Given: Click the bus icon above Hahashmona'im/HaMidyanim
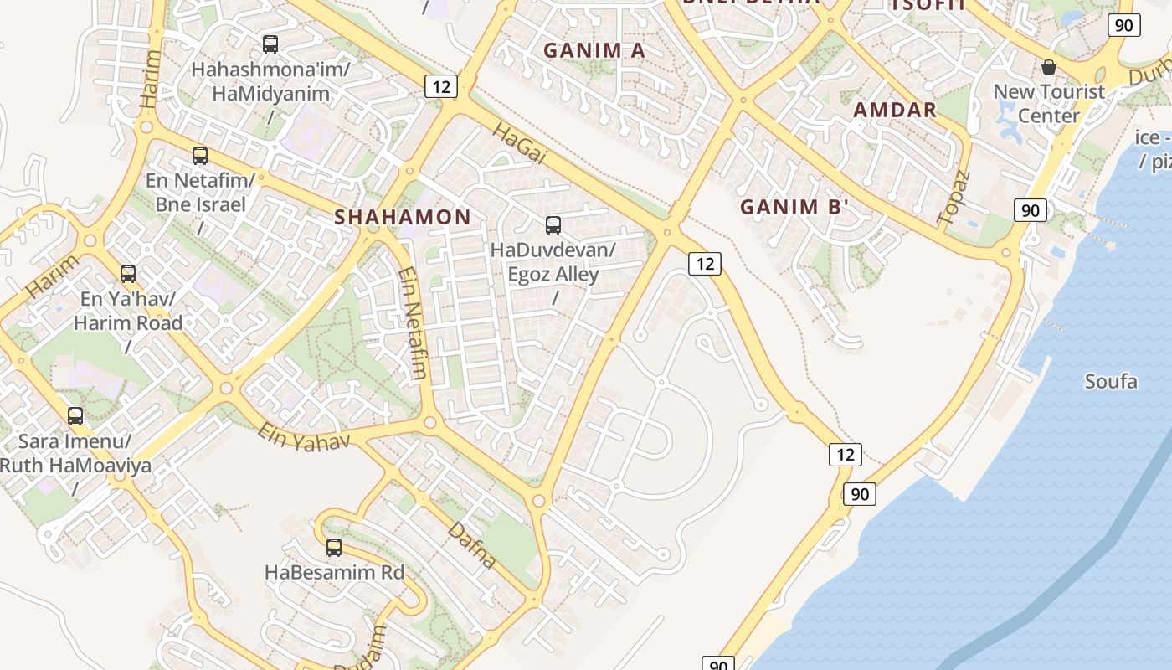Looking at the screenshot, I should tap(270, 44).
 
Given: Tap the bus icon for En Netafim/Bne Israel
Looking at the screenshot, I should tap(200, 155).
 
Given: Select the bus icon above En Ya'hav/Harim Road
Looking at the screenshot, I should tap(128, 274).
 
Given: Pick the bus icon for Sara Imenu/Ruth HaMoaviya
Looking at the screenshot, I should tap(75, 416).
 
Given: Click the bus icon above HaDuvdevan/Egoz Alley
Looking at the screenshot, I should tap(553, 225).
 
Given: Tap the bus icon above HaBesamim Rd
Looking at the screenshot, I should tap(334, 548).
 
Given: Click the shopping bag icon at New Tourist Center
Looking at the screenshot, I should tap(1049, 67).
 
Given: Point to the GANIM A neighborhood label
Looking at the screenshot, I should tap(594, 50).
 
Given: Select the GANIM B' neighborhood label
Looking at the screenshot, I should tap(794, 208).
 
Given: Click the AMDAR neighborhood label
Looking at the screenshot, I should tap(895, 110).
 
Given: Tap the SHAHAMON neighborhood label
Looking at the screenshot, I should tap(403, 217).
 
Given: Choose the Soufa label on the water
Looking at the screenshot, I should tap(1111, 382).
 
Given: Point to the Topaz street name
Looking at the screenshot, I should tap(954, 198).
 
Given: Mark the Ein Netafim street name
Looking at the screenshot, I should tap(414, 322).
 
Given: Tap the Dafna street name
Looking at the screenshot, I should tap(472, 545).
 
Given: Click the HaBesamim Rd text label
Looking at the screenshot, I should tap(334, 573).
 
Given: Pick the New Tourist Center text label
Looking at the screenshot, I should tap(1049, 103).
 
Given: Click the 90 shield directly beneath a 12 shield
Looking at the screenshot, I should tap(860, 494).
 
